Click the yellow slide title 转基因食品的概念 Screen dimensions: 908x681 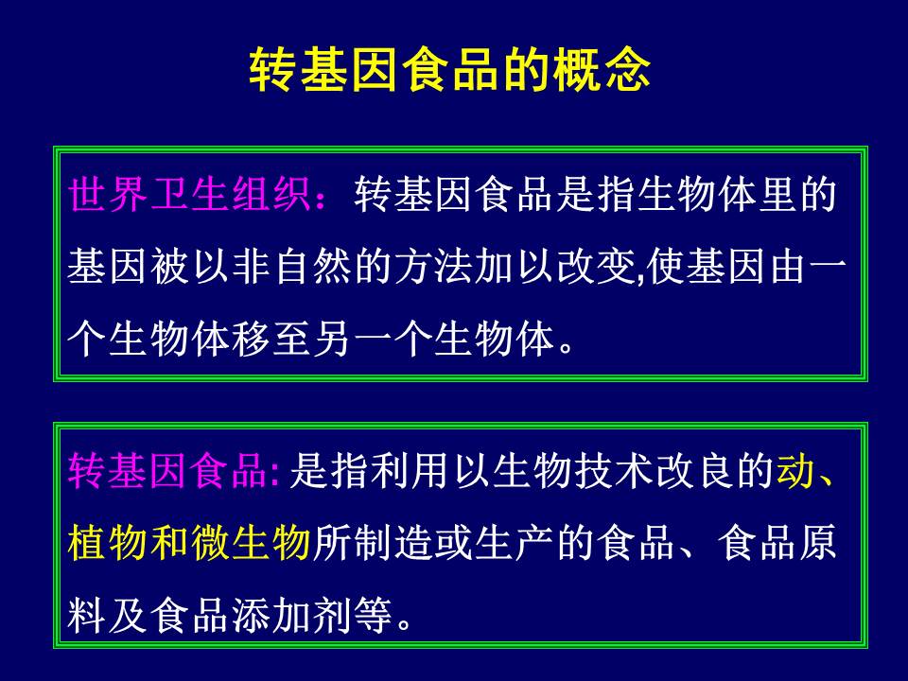tap(450, 69)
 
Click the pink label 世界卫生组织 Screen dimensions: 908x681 tap(190, 195)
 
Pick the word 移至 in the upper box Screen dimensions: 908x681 tap(271, 339)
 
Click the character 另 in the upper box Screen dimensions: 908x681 tap(332, 339)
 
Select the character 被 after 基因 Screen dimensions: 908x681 tap(170, 267)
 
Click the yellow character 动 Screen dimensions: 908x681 tap(795, 470)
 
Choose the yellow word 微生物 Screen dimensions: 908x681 tap(251, 543)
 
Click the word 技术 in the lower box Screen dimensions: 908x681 tap(613, 470)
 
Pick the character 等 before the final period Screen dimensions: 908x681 tap(373, 616)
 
